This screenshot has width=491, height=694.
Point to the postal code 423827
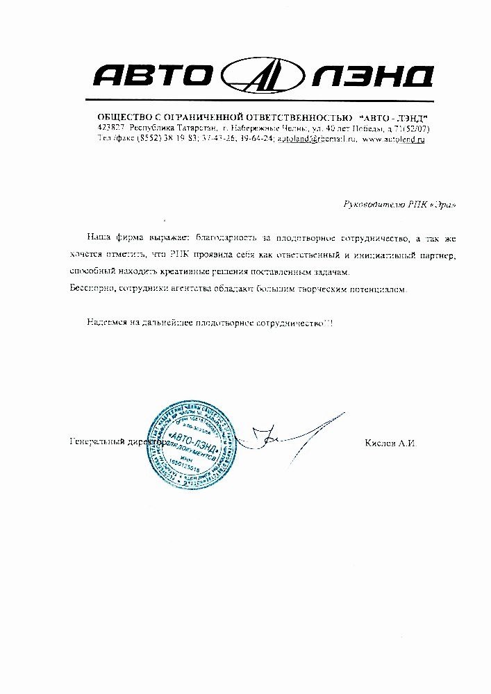coord(112,128)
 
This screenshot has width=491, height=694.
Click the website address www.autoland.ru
coord(393,139)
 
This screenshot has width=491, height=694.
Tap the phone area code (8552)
coord(149,139)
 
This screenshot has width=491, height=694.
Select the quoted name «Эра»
coord(445,205)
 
